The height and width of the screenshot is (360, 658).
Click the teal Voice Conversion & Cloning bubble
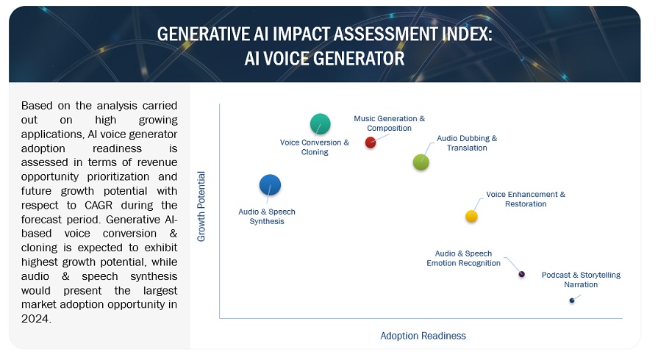pyautogui.click(x=320, y=123)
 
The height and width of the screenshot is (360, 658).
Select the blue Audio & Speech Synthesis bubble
pyautogui.click(x=270, y=185)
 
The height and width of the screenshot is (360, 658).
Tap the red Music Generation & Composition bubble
pyautogui.click(x=371, y=142)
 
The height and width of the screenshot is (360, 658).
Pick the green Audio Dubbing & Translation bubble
pyautogui.click(x=421, y=162)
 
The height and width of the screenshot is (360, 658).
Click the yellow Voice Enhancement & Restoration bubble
pyautogui.click(x=471, y=216)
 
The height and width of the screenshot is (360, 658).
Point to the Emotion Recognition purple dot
pyautogui.click(x=521, y=274)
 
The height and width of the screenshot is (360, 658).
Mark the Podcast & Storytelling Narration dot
pyautogui.click(x=571, y=300)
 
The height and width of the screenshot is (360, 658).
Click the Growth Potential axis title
pyautogui.click(x=201, y=206)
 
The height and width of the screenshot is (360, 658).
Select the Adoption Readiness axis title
pyautogui.click(x=423, y=336)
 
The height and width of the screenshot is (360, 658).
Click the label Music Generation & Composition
pyautogui.click(x=389, y=123)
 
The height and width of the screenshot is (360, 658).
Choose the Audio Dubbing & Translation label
pyautogui.click(x=467, y=143)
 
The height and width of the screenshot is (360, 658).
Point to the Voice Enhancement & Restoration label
pyautogui.click(x=526, y=199)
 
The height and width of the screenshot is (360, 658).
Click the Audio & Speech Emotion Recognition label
pyautogui.click(x=463, y=258)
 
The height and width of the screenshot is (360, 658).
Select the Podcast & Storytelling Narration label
pyautogui.click(x=581, y=279)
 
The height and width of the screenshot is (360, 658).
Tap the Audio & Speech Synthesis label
pyautogui.click(x=267, y=216)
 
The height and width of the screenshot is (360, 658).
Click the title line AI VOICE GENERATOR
pyautogui.click(x=324, y=58)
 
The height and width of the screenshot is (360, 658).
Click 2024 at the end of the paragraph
pyautogui.click(x=36, y=319)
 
